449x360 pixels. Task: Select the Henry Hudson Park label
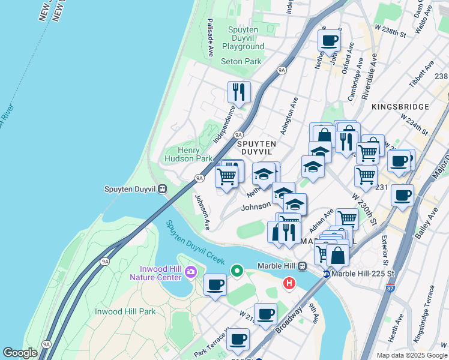point(188,154)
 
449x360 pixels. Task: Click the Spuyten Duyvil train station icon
point(162,189)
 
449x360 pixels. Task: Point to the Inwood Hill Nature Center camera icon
point(191,272)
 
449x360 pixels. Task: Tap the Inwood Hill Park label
point(125,311)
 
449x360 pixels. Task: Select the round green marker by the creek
point(237,271)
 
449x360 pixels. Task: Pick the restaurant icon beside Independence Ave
point(239,92)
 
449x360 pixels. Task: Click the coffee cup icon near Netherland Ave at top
point(329,40)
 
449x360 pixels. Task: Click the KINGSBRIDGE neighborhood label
point(400,107)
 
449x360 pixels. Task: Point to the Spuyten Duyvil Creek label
point(195,243)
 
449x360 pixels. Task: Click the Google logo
point(20,353)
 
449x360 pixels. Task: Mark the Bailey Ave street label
point(434,224)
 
